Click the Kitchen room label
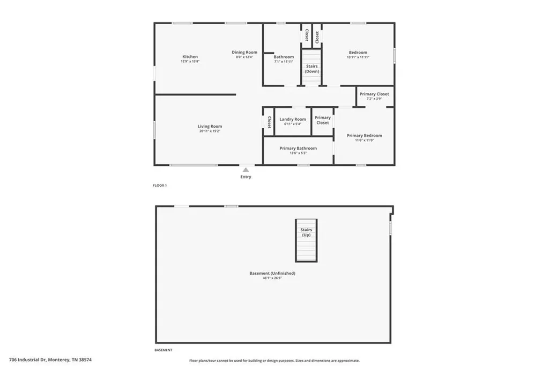coord(190,57)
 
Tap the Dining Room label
coord(244,53)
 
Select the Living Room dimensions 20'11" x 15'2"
coord(210,131)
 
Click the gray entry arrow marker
coord(246,170)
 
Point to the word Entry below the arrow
coord(246,177)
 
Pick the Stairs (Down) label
coord(311,69)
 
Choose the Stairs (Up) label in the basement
coord(306,232)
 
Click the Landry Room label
coord(293,119)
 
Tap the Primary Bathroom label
coord(298,148)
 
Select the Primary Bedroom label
coord(365,136)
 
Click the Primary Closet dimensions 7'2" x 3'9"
coord(374,99)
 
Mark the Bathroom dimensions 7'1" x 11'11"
coord(284,62)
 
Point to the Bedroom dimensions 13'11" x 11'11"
coord(358,57)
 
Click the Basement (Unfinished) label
coord(272,273)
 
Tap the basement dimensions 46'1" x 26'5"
coord(272,279)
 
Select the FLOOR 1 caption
coord(160,186)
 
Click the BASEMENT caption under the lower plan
coord(163,350)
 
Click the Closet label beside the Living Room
coord(269,122)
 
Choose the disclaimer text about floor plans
coord(274,361)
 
